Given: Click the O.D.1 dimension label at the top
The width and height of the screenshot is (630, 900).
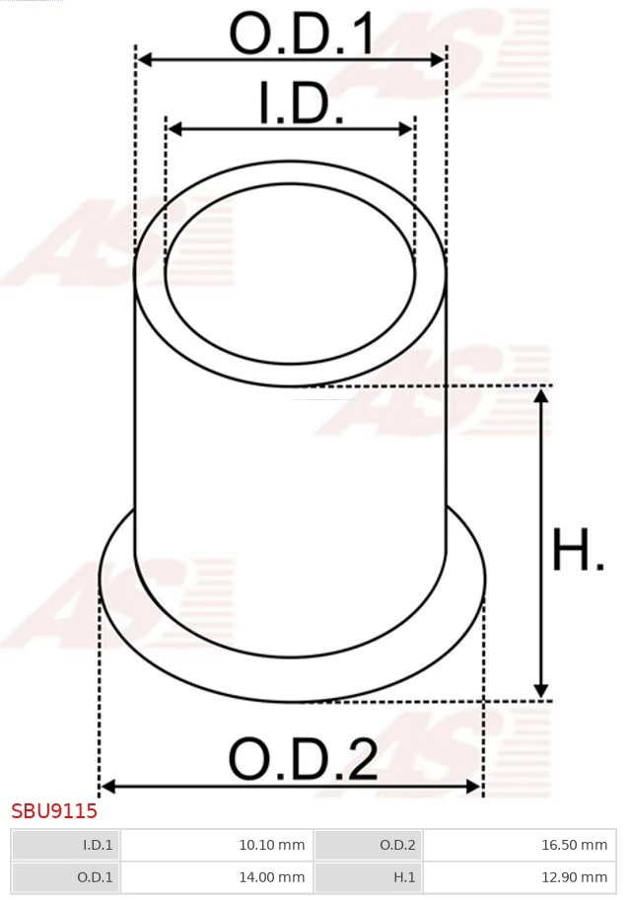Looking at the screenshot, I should [302, 35].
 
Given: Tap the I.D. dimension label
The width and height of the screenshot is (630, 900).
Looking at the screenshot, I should [301, 104].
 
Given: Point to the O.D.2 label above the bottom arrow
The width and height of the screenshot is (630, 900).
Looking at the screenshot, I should [303, 760].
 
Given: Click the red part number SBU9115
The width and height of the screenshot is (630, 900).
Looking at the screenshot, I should [54, 812].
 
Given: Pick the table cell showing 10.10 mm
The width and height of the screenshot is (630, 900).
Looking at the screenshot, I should [216, 845].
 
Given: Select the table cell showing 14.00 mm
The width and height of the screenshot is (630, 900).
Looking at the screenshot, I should [216, 876].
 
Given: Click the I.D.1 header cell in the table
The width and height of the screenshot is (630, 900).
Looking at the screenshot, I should [66, 845].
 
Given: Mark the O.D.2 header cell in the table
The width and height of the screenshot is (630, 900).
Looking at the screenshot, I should [369, 845].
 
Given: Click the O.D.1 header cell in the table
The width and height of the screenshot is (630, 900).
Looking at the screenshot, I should [66, 876].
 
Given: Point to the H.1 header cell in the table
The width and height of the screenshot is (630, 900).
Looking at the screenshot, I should [369, 876].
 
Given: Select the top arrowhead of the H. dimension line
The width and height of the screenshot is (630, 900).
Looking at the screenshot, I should [540, 395].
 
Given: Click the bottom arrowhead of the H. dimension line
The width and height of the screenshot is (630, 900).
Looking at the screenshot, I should [540, 691].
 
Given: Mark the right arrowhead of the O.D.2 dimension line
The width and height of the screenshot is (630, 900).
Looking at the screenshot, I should [474, 786].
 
